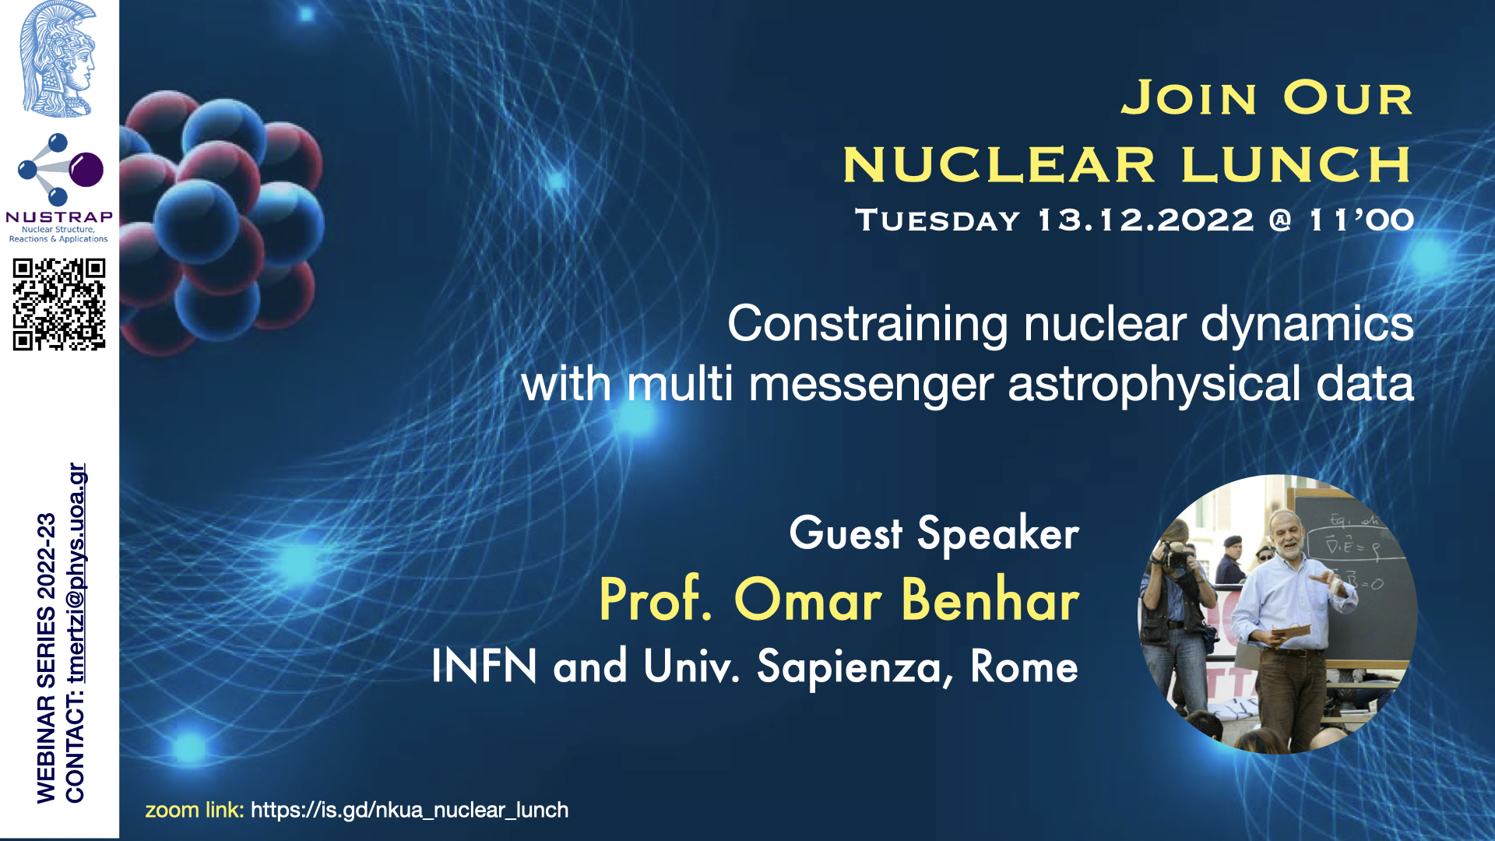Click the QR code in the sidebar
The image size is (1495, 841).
[x=59, y=304]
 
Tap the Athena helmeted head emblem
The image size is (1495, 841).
[x=58, y=59]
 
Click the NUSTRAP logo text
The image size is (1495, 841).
[x=59, y=217]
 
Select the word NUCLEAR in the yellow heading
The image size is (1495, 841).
[x=999, y=165]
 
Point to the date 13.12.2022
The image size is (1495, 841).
[x=1146, y=220]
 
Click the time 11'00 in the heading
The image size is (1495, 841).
[x=1362, y=220]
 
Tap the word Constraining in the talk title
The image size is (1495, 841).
[x=867, y=325]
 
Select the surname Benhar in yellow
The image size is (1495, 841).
[x=990, y=600]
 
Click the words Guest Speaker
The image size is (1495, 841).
[x=934, y=534]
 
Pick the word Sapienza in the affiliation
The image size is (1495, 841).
[x=855, y=668]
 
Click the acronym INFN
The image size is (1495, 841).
[x=484, y=666]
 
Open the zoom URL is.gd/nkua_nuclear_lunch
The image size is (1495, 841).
[x=410, y=811]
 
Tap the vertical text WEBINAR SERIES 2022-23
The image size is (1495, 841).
[x=47, y=658]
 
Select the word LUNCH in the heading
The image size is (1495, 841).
[x=1296, y=165]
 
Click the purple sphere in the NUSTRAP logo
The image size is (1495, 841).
[x=86, y=169]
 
